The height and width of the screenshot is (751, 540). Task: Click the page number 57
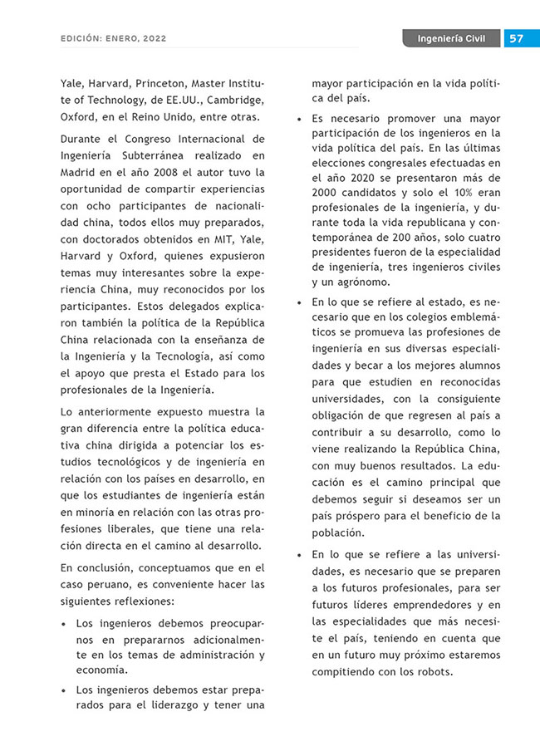click(516, 39)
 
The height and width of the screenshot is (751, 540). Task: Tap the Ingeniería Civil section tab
click(452, 39)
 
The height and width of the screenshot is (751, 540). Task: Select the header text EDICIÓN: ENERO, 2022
click(113, 39)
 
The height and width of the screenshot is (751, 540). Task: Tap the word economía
click(101, 670)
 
